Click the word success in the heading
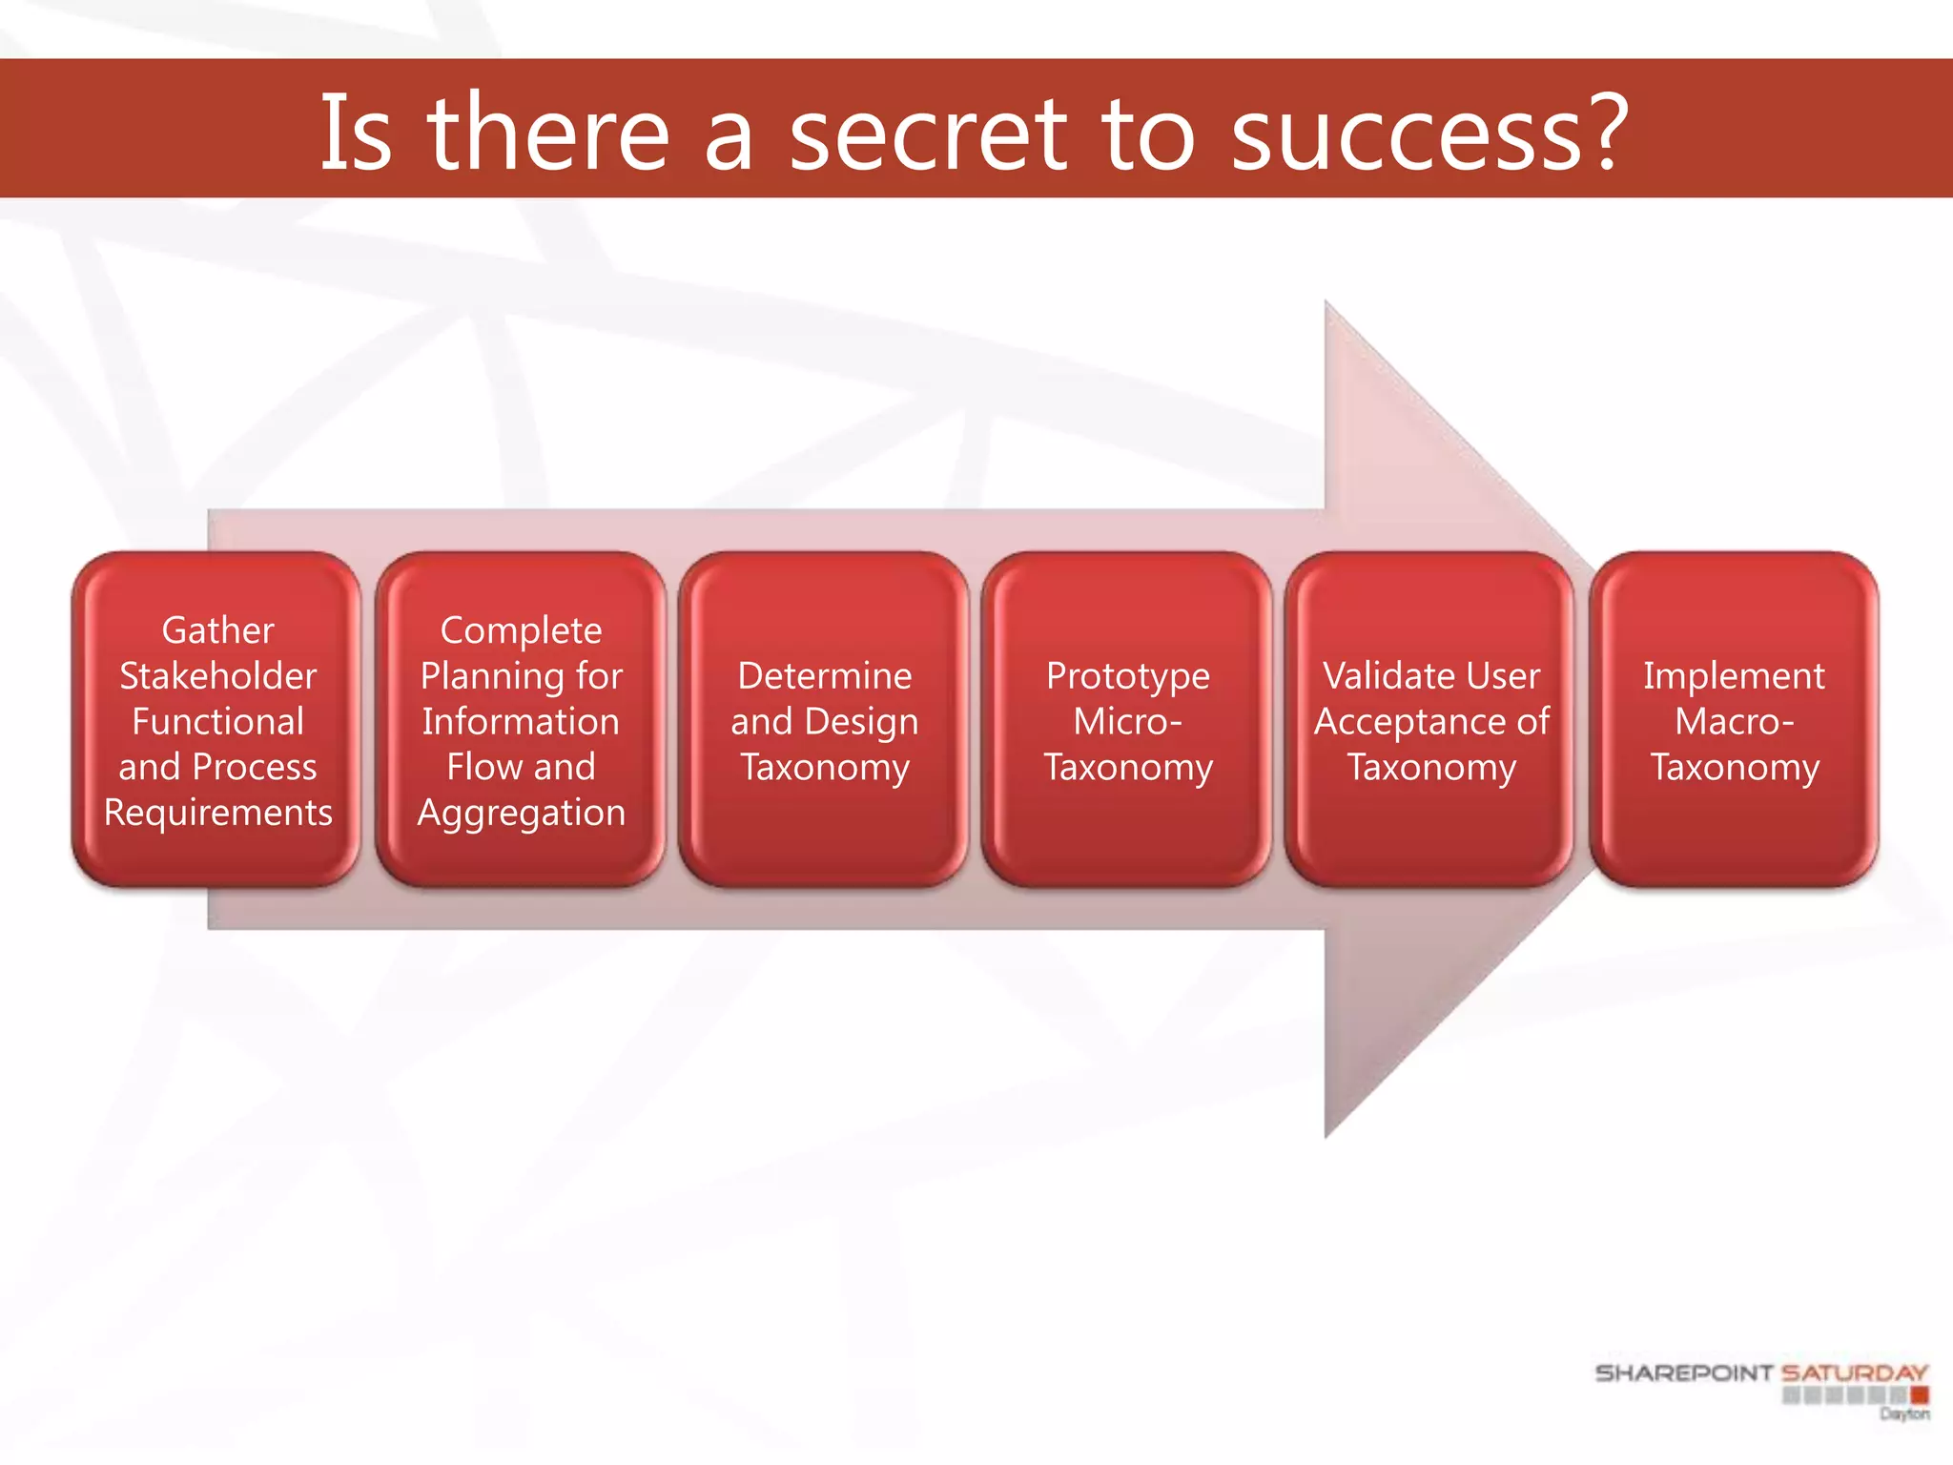pyautogui.click(x=1407, y=135)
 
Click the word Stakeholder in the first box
pyautogui.click(x=217, y=676)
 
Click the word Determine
pyautogui.click(x=824, y=676)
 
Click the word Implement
pyautogui.click(x=1734, y=676)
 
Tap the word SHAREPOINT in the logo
pyautogui.click(x=1683, y=1373)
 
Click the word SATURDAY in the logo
pyautogui.click(x=1854, y=1373)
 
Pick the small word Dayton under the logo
pyautogui.click(x=1904, y=1413)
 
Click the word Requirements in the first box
pyautogui.click(x=217, y=813)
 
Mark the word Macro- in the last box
pyautogui.click(x=1734, y=722)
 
